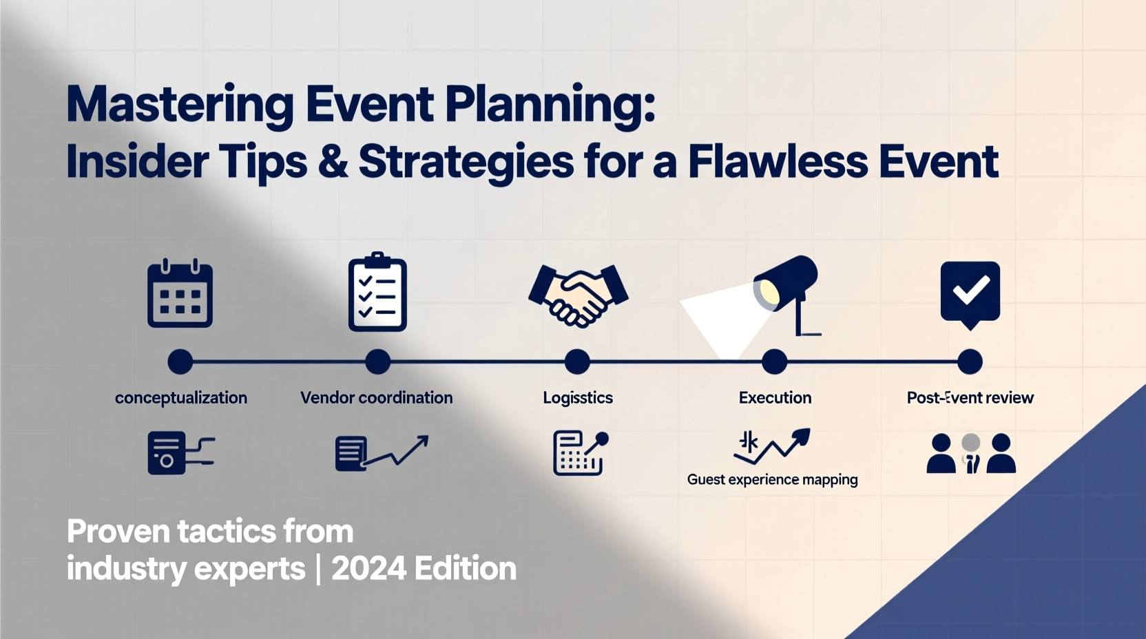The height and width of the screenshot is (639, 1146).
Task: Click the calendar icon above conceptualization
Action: click(x=180, y=293)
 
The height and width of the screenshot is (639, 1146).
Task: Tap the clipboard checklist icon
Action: click(x=377, y=293)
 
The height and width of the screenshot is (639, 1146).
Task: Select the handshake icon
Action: click(x=578, y=294)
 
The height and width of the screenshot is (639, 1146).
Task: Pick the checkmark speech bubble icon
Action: click(x=970, y=293)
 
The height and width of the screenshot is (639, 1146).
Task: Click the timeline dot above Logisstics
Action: click(x=577, y=362)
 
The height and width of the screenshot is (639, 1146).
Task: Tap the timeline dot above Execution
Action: click(x=774, y=362)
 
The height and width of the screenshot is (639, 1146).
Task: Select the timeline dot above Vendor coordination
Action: click(x=377, y=362)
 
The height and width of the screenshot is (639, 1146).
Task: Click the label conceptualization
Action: click(x=181, y=398)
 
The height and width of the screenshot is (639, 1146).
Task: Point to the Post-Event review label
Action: click(x=970, y=398)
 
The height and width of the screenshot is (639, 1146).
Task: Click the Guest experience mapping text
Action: click(x=772, y=479)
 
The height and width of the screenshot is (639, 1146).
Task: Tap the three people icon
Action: click(x=970, y=453)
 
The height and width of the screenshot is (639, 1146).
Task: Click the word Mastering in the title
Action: click(x=180, y=105)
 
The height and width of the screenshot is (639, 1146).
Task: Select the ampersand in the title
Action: click(x=333, y=162)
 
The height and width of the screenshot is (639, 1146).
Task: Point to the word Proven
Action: click(x=118, y=532)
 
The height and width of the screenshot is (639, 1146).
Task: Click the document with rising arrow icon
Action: click(x=381, y=452)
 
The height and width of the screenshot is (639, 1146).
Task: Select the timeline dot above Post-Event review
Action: click(x=970, y=362)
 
